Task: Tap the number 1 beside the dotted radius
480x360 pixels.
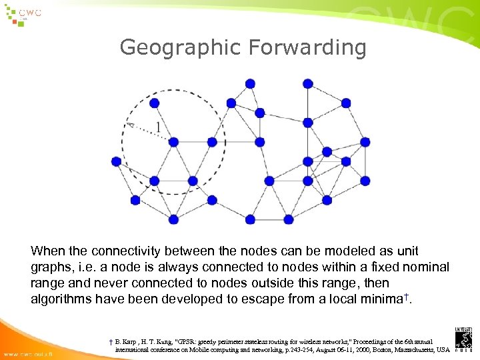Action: point(158,127)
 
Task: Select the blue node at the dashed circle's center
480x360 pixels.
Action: point(173,142)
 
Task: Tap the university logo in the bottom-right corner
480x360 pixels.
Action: point(464,339)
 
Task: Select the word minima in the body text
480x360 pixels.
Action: point(383,299)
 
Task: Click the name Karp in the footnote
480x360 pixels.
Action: point(129,341)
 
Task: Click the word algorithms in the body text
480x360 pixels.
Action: point(61,299)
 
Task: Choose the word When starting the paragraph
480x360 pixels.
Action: point(47,251)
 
